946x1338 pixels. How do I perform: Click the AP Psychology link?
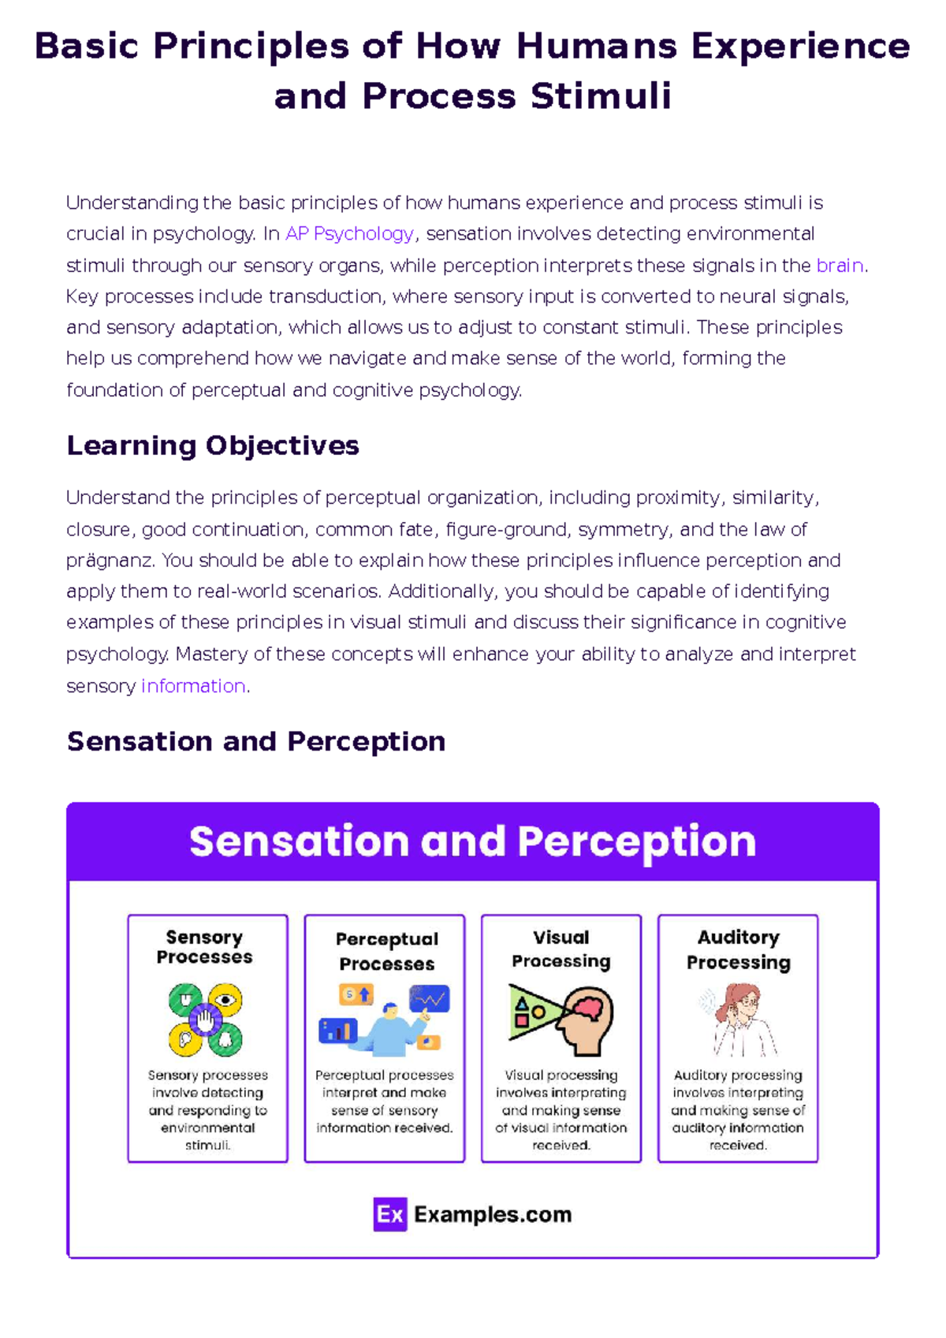349,234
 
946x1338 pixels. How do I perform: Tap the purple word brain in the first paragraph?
840,265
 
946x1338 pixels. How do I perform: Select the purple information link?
193,686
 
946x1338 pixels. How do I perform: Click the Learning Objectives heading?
213,446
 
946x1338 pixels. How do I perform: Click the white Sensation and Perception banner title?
472,841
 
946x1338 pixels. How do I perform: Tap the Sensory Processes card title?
204,947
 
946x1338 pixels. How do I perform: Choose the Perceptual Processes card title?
386,952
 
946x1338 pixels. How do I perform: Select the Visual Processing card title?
561,949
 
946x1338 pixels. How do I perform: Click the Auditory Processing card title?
738,950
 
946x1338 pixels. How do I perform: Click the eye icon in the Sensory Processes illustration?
225,999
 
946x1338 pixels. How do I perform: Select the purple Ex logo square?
390,1214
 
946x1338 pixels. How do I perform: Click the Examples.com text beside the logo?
493,1215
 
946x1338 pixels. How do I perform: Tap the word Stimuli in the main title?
601,96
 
